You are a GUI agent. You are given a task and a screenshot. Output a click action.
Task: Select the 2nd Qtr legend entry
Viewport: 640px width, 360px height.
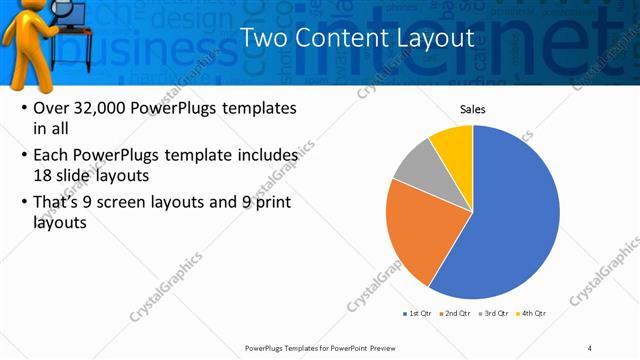click(x=455, y=313)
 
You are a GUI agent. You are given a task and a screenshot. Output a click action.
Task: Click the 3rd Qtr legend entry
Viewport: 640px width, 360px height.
click(x=494, y=313)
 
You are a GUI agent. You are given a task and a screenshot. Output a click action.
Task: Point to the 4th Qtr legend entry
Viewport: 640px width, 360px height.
click(x=533, y=313)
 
